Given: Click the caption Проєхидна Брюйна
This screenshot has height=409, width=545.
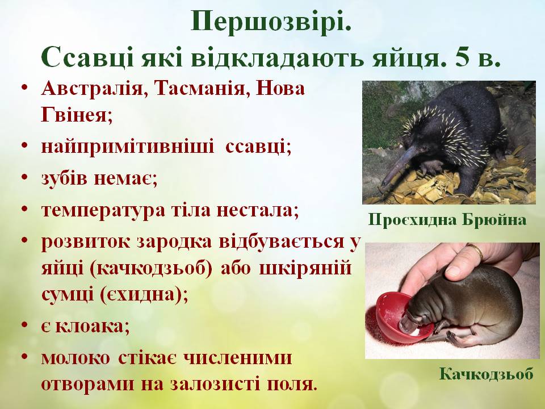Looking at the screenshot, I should click(447, 220).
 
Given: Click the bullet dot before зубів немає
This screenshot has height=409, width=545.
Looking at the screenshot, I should click(26, 178).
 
